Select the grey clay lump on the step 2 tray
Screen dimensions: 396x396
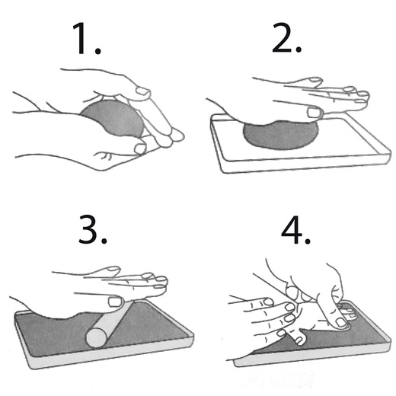(280, 135)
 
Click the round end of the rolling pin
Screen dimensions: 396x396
(96, 338)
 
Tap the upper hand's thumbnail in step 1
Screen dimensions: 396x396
(142, 91)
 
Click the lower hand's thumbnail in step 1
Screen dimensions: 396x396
(140, 148)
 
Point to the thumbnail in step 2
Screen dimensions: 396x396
(315, 113)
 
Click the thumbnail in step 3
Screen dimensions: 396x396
(115, 302)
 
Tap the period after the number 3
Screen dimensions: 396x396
(104, 241)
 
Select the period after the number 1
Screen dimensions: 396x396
(98, 51)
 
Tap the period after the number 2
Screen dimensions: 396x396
(299, 49)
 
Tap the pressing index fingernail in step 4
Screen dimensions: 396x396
(340, 322)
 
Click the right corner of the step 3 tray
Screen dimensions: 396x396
(193, 336)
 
